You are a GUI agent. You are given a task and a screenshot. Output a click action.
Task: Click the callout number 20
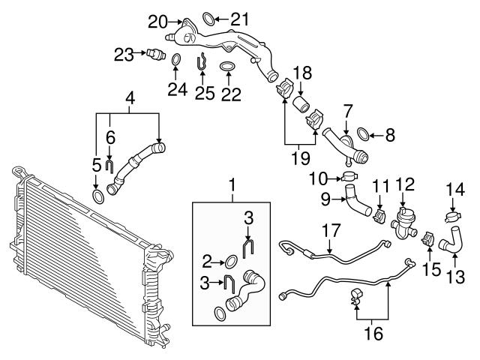pos(157,20)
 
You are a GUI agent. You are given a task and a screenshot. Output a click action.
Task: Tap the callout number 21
pos(238,18)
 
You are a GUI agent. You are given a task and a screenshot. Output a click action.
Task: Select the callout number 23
pos(124,52)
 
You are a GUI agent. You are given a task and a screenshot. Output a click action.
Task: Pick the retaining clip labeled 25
pos(200,64)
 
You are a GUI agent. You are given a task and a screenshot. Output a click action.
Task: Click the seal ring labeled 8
pos(363,135)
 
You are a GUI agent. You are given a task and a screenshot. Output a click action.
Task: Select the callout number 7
pos(346,111)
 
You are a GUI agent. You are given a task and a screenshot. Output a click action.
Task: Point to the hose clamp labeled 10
pos(349,178)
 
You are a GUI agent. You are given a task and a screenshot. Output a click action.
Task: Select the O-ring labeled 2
pos(231,262)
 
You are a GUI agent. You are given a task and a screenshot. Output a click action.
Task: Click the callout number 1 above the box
pos(232,183)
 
